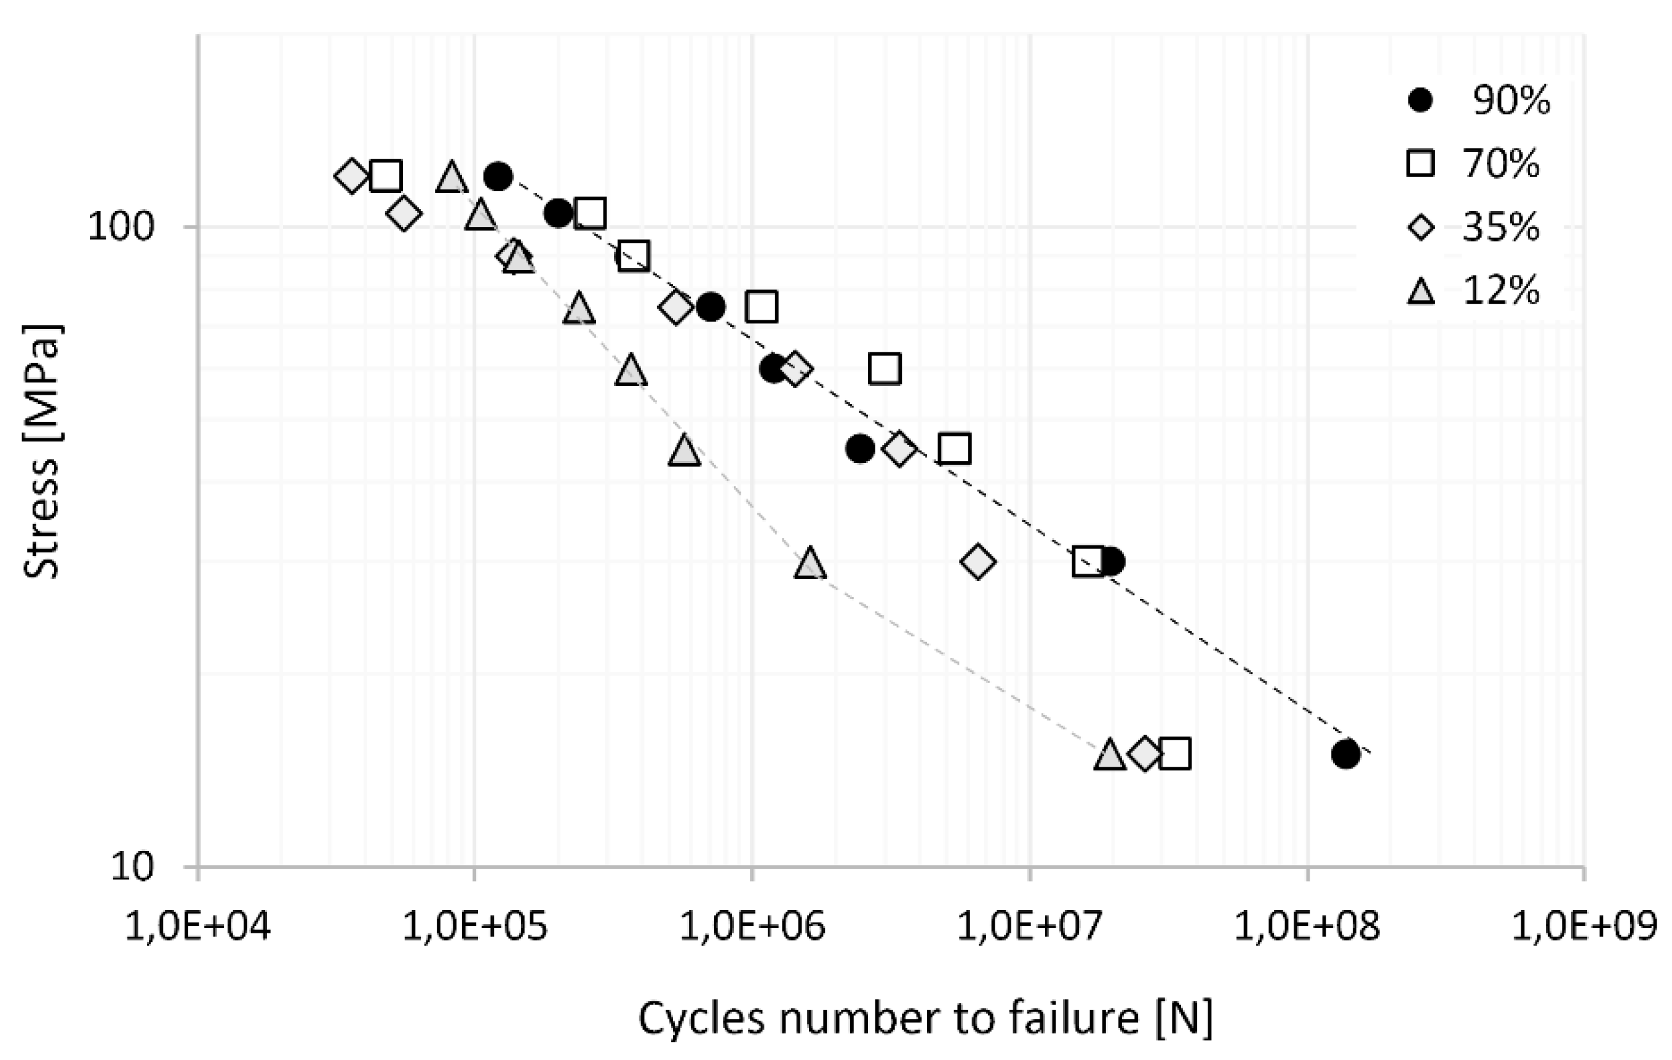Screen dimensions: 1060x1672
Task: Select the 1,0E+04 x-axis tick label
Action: click(x=198, y=927)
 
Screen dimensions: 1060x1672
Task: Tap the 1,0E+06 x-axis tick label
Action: click(x=752, y=927)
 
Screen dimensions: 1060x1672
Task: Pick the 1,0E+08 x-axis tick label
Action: click(x=1307, y=927)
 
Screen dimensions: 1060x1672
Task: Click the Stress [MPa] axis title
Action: click(x=42, y=451)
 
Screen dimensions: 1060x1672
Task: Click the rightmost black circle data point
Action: click(x=1345, y=754)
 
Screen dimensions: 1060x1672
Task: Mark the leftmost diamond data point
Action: click(x=351, y=176)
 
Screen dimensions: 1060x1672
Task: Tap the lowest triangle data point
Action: click(x=1110, y=754)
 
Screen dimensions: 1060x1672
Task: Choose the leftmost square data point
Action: click(x=386, y=176)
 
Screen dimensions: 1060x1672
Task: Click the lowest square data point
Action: click(x=1175, y=754)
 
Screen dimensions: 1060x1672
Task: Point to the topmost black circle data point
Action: click(x=498, y=176)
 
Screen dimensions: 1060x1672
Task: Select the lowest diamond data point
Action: click(x=1145, y=754)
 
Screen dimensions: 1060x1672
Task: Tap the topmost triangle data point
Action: click(x=452, y=178)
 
